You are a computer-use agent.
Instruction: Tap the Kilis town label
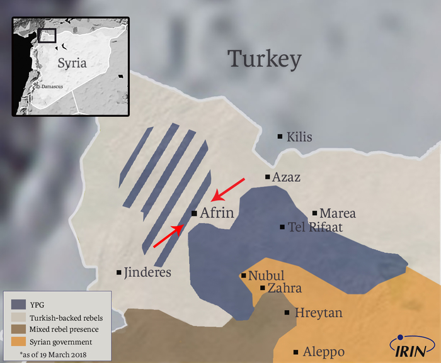click(x=299, y=137)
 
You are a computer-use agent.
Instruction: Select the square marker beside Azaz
click(x=268, y=177)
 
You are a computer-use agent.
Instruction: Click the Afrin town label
click(x=217, y=214)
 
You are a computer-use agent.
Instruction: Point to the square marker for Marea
click(x=315, y=213)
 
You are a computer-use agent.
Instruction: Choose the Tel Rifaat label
click(x=315, y=227)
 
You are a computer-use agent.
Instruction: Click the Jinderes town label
click(x=147, y=272)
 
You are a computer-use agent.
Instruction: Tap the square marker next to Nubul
click(x=244, y=276)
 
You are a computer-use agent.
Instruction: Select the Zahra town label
click(x=285, y=288)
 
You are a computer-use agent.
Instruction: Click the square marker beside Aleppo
click(x=296, y=352)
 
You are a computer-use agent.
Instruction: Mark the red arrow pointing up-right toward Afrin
click(x=169, y=237)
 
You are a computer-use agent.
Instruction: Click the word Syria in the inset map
click(x=71, y=63)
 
